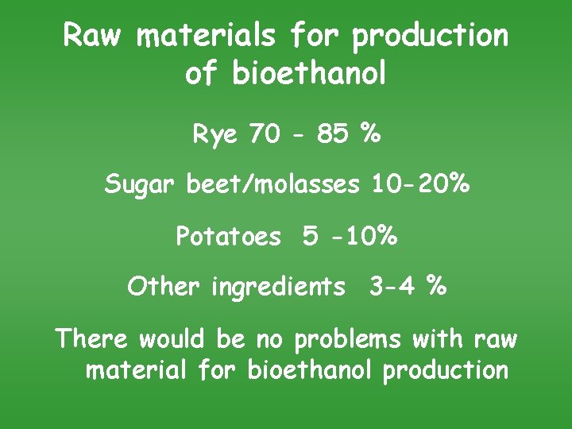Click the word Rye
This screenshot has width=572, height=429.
point(214,134)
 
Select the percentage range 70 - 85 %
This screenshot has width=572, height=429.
point(315,134)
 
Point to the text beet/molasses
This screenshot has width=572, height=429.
point(272,185)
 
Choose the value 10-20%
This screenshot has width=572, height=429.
point(419,185)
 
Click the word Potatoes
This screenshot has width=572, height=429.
point(229,236)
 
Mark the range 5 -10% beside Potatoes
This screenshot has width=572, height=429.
point(350,236)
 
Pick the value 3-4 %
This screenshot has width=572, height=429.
point(407,286)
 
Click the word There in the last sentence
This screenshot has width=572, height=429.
point(91,339)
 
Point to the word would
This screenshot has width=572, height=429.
point(174,339)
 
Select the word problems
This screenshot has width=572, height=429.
point(350,341)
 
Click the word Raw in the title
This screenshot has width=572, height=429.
point(94,36)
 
